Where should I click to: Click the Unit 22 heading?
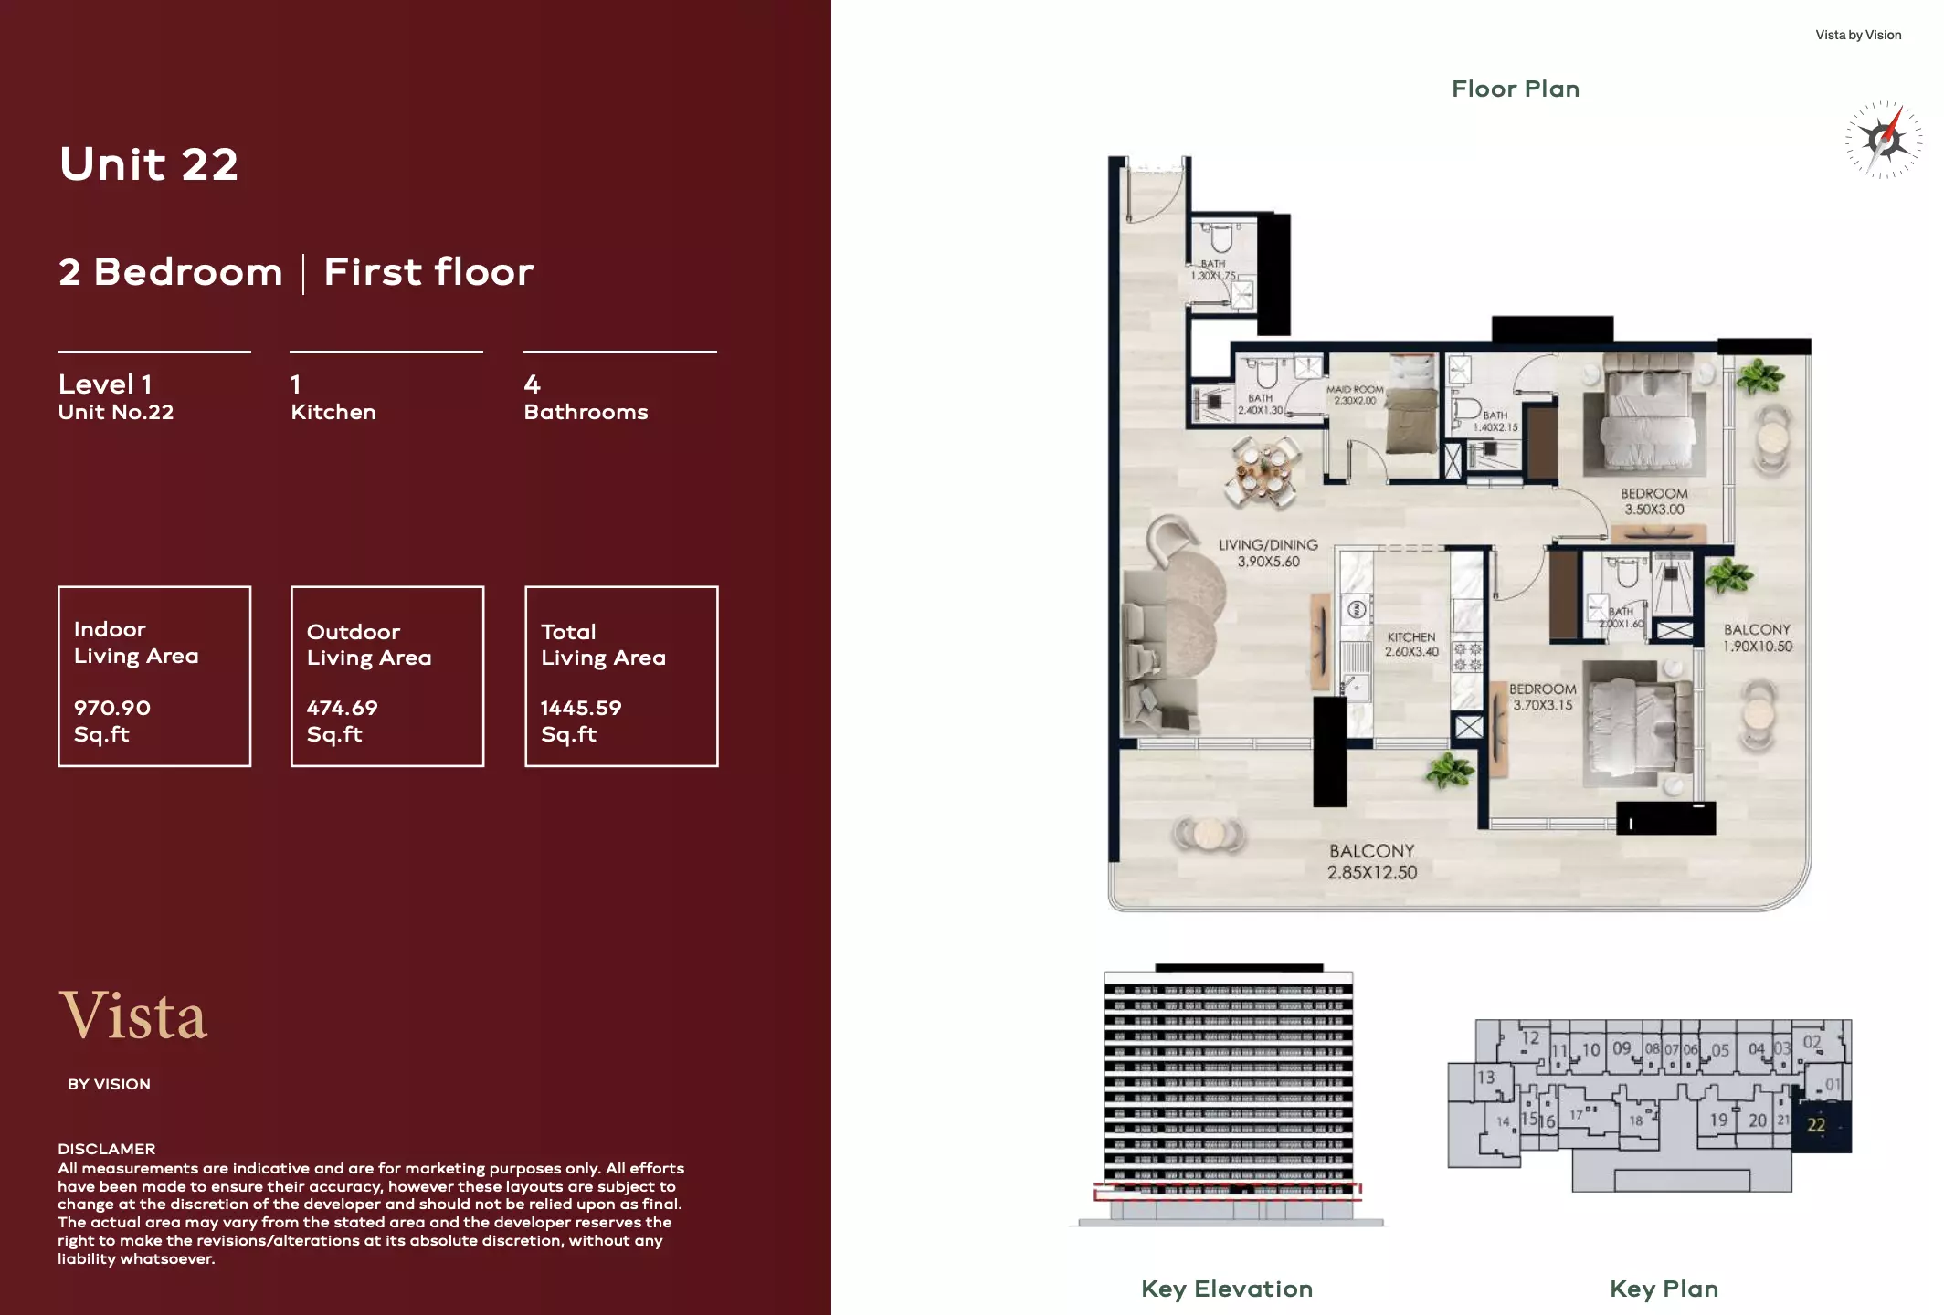[x=149, y=164]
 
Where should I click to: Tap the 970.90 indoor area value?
[x=112, y=708]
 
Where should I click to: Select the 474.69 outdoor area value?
[x=342, y=708]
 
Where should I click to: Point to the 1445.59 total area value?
[x=581, y=708]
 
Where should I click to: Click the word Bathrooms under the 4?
[x=586, y=412]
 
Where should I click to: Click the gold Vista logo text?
[x=133, y=1015]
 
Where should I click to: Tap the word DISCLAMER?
[x=106, y=1149]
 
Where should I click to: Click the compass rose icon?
[x=1883, y=140]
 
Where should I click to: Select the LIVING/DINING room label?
[x=1268, y=552]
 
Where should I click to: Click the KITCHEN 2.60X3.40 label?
[x=1411, y=644]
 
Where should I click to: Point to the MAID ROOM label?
[x=1355, y=394]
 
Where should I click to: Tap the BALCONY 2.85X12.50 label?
[x=1372, y=861]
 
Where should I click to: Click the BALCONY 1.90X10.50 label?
[x=1758, y=637]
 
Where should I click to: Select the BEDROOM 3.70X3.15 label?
[x=1542, y=696]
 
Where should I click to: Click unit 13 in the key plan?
[x=1486, y=1078]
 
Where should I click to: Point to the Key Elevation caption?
[x=1226, y=1289]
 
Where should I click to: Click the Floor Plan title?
[x=1515, y=89]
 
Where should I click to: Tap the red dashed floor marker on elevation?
[x=1227, y=1191]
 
